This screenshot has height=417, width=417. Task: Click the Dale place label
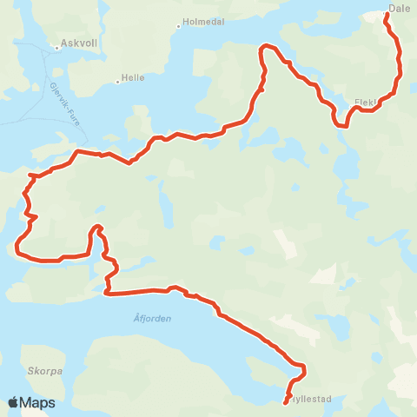[400, 8]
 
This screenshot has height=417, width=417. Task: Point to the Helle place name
[133, 77]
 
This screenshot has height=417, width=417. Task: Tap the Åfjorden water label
[153, 318]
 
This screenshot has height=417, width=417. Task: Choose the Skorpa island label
[44, 370]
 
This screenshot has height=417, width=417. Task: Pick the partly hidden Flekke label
[366, 102]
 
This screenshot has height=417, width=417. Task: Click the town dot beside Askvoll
[56, 48]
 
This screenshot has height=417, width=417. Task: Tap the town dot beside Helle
[117, 83]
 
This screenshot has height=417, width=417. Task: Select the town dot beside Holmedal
[177, 25]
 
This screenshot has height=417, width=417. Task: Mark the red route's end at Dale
[386, 15]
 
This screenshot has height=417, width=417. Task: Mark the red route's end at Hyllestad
[286, 402]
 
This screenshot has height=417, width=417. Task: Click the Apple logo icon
[13, 402]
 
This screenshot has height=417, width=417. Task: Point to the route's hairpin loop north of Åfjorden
[96, 228]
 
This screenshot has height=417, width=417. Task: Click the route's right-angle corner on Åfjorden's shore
[106, 293]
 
